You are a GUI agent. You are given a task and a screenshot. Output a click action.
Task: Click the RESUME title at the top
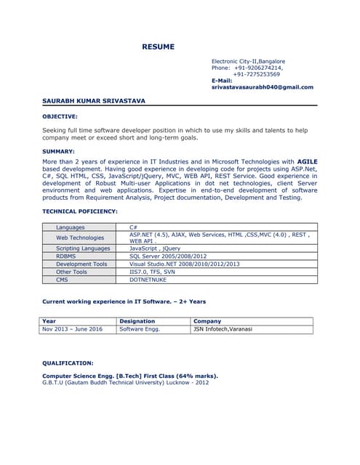[x=158, y=47]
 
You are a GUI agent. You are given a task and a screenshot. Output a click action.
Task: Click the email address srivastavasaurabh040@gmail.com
[x=262, y=87]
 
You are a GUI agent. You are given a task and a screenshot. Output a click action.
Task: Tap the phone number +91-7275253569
[x=256, y=74]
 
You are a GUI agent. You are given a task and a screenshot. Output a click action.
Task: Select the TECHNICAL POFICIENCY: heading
[x=80, y=211]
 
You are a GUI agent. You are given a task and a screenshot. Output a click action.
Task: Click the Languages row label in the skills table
[x=71, y=227]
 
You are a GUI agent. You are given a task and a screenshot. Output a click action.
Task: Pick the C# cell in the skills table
[x=134, y=227]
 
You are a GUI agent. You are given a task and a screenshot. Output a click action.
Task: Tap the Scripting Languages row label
[x=83, y=248]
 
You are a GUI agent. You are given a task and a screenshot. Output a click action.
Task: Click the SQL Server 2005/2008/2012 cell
[x=168, y=256]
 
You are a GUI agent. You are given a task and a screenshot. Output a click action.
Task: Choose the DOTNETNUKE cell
[x=148, y=280]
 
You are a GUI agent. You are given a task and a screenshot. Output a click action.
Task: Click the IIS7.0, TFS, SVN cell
[x=153, y=272]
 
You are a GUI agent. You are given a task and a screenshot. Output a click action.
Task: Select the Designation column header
[x=137, y=321]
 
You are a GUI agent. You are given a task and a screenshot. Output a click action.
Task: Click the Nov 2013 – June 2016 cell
[x=73, y=329]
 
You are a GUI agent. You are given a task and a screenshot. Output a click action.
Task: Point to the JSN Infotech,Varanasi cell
[x=223, y=329]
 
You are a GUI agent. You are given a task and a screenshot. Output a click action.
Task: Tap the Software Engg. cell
[x=140, y=329]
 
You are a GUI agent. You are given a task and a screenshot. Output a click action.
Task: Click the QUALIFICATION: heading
[x=68, y=363]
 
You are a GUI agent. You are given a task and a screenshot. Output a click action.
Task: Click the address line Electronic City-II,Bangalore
[x=248, y=61]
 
